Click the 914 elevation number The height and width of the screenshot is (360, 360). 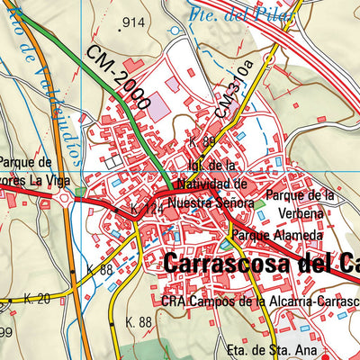[133, 22]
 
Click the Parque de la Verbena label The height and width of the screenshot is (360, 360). [301, 204]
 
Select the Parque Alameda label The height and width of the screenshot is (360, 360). [274, 235]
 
